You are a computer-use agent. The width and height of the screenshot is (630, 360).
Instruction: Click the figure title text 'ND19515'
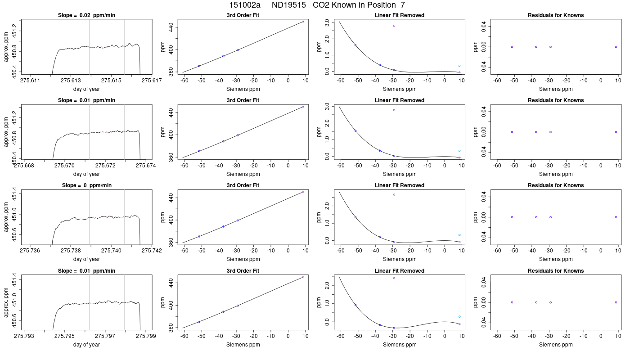pyautogui.click(x=288, y=5)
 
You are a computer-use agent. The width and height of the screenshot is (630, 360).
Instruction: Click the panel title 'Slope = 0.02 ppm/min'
pyautogui.click(x=86, y=15)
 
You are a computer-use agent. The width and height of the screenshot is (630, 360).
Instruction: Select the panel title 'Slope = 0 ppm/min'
pyautogui.click(x=86, y=185)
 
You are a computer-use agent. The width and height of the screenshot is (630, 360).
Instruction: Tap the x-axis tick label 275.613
pyautogui.click(x=71, y=81)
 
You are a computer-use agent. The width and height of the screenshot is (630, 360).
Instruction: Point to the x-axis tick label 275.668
pyautogui.click(x=24, y=166)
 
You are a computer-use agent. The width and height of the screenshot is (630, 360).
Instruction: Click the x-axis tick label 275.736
pyautogui.click(x=30, y=251)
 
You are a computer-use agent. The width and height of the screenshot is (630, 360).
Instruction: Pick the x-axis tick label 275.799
pyautogui.click(x=146, y=336)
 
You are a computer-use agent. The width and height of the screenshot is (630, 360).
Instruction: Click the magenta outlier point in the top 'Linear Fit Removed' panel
pyautogui.click(x=394, y=26)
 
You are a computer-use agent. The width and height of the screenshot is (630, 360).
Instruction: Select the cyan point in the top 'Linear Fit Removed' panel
pyautogui.click(x=459, y=66)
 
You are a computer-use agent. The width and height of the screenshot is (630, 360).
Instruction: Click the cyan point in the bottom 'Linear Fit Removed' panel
pyautogui.click(x=459, y=317)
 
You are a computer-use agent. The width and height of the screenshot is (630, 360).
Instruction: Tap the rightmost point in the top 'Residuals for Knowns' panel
pyautogui.click(x=616, y=47)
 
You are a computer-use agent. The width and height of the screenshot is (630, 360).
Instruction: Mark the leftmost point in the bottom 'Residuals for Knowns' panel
pyautogui.click(x=512, y=302)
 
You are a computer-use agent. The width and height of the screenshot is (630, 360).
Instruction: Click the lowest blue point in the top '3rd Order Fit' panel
pyautogui.click(x=199, y=66)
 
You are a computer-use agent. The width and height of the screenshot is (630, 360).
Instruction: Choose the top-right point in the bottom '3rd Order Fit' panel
pyautogui.click(x=303, y=277)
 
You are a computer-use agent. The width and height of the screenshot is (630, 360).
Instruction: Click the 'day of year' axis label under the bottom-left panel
pyautogui.click(x=86, y=345)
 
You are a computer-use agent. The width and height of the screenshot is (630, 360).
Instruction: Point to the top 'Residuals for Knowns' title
pyautogui.click(x=556, y=15)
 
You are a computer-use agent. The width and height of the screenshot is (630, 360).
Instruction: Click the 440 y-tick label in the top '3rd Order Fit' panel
pyautogui.click(x=171, y=27)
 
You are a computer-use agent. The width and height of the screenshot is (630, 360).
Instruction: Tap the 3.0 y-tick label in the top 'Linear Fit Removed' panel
pyautogui.click(x=327, y=23)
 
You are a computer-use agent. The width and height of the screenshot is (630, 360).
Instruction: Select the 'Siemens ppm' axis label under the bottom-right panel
pyautogui.click(x=556, y=345)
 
